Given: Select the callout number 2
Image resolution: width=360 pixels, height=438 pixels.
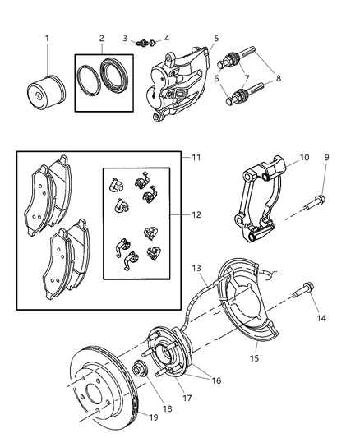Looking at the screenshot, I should tap(101, 38).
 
